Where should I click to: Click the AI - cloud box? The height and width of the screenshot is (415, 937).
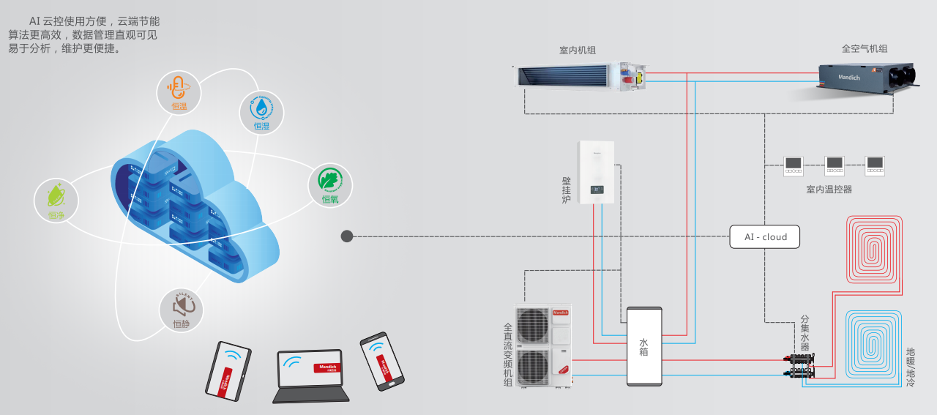click(764, 236)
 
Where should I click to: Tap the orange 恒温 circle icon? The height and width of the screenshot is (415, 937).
click(179, 92)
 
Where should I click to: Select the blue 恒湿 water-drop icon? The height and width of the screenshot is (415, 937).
click(261, 112)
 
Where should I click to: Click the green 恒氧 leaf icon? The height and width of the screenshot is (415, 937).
click(330, 184)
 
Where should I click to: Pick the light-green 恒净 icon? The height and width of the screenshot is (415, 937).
click(56, 200)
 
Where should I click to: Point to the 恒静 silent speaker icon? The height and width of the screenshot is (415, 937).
click(182, 310)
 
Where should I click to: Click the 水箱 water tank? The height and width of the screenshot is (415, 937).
click(643, 346)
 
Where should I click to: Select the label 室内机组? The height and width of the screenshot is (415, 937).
click(577, 51)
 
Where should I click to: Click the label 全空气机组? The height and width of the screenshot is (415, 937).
click(864, 49)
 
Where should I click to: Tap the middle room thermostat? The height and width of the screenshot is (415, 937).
click(835, 165)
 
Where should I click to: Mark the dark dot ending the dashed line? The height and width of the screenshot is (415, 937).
click(347, 236)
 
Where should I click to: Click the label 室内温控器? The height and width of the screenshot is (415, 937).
click(829, 190)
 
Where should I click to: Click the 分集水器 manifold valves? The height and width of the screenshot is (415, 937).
click(799, 366)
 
